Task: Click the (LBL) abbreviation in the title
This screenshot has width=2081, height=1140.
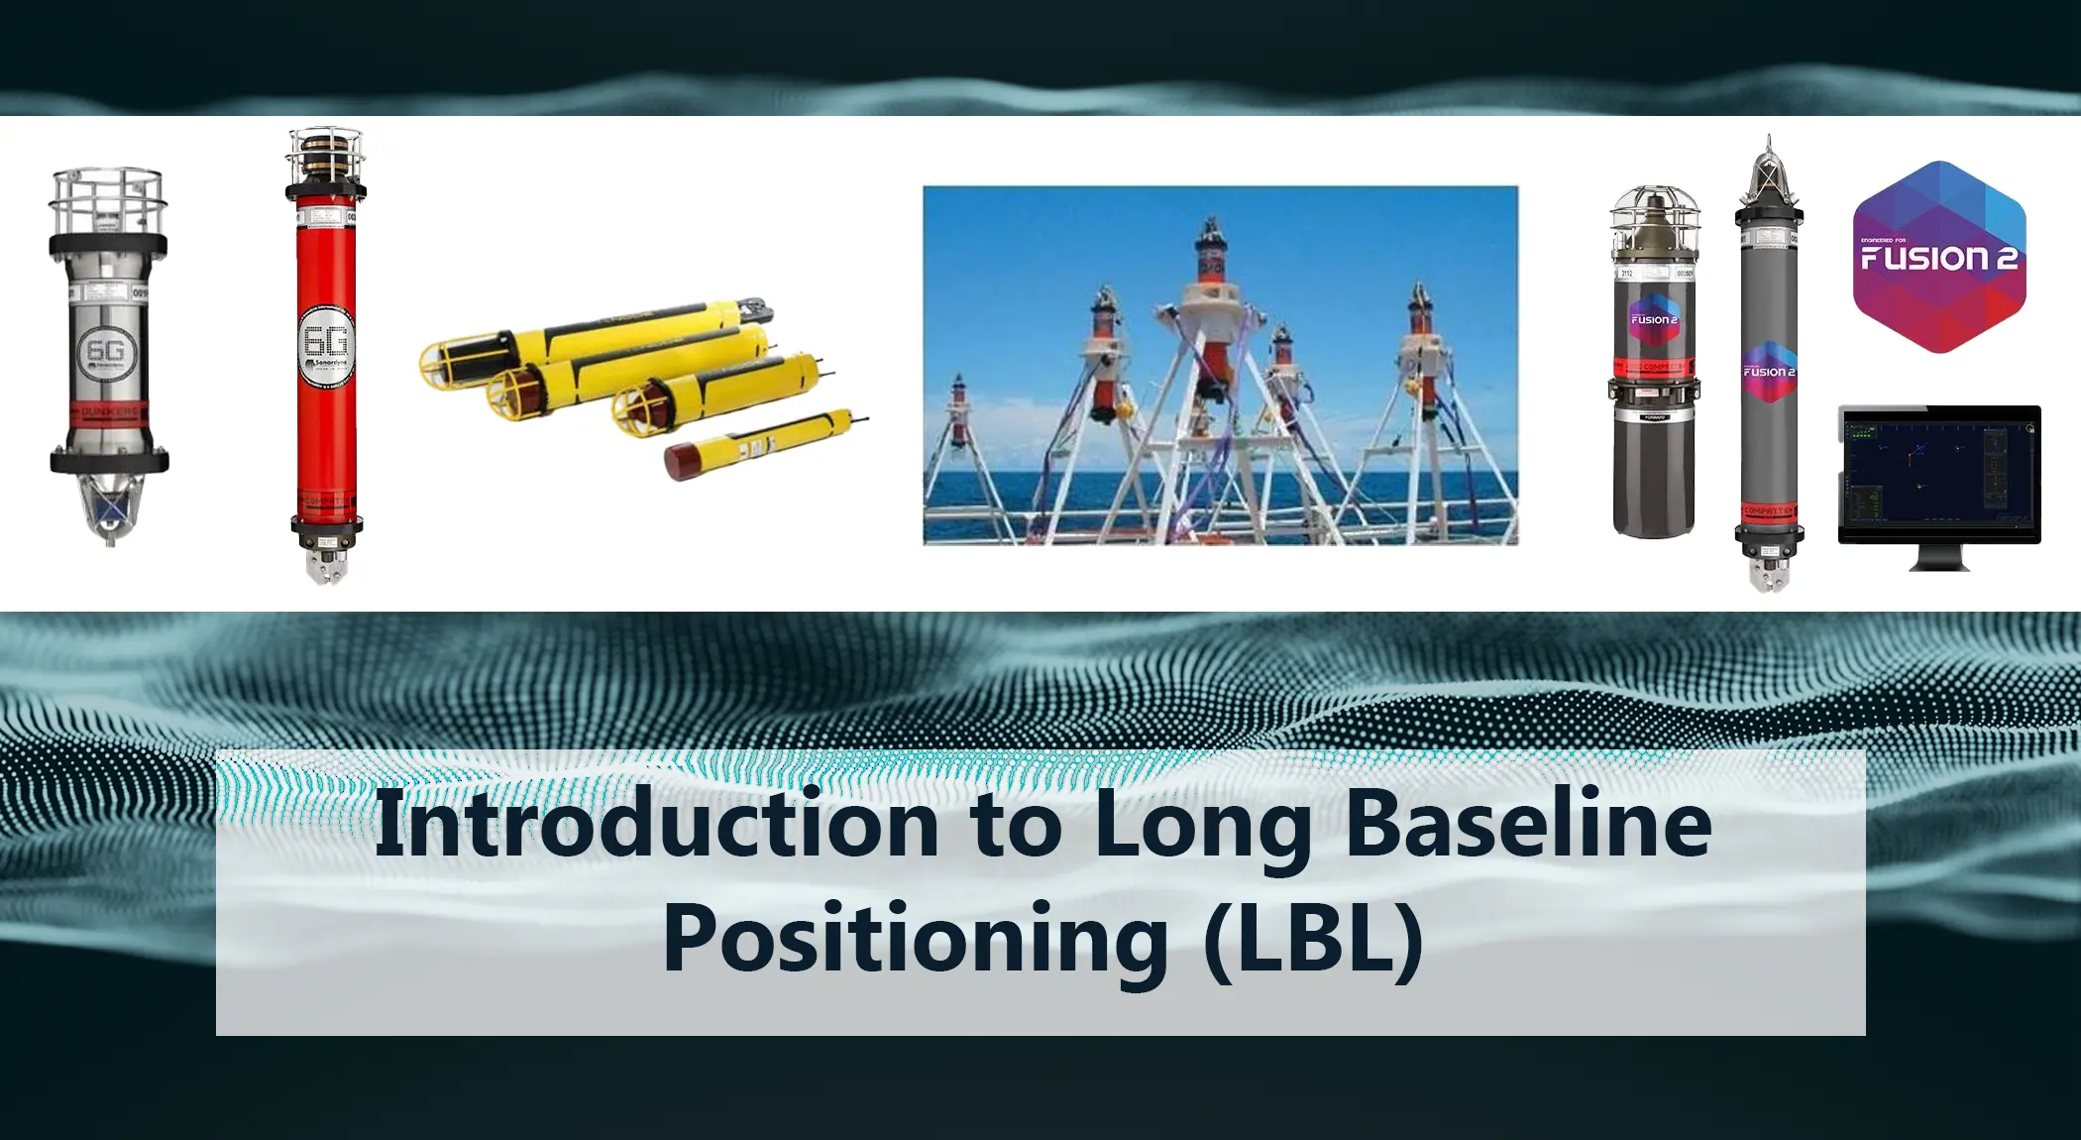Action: point(1314,939)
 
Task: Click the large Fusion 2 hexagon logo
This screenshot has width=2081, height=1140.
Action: point(1939,258)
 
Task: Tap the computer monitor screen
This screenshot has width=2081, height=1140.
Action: point(1939,473)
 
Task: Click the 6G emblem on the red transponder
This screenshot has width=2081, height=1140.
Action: point(326,343)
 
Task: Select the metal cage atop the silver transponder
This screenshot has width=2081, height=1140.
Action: point(108,201)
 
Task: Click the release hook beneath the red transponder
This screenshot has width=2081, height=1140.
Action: point(327,565)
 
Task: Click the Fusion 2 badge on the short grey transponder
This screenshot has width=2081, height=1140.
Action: point(1654,318)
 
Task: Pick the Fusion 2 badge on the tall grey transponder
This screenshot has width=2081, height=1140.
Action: point(1769,372)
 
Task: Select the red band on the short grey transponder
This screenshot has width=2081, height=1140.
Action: point(1653,368)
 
